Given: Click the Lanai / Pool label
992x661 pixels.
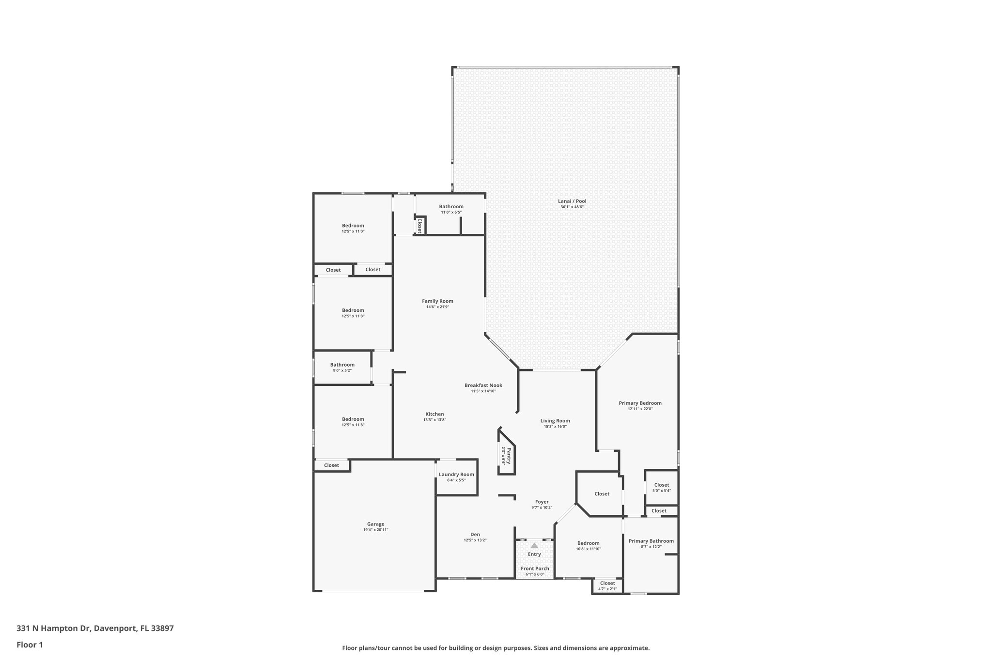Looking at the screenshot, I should point(572,201).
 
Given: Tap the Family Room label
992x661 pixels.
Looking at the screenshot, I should point(437,301).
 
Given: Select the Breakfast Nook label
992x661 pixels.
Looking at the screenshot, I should point(483,385).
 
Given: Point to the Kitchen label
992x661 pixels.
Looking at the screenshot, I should point(434,414).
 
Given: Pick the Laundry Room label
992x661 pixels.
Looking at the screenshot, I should point(456,475).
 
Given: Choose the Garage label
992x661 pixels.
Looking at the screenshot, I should point(375,524).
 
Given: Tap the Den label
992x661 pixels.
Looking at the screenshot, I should point(475,535).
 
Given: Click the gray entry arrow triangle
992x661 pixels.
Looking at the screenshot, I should point(534,545).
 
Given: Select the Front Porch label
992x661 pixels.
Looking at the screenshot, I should point(535,569).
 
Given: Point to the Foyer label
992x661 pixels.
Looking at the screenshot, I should point(542,502).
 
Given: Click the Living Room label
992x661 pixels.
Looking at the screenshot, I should point(555,421).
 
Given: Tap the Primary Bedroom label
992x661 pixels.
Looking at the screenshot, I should point(640,403).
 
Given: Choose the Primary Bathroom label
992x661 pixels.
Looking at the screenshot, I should point(651,541).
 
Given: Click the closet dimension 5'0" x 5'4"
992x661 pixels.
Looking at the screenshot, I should point(662,491).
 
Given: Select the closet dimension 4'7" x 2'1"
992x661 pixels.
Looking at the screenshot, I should point(607,589).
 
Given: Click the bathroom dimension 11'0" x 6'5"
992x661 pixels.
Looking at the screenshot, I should point(451,212).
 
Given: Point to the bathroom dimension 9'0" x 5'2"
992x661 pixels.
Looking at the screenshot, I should point(342,370).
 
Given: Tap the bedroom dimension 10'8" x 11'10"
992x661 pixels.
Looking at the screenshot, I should point(588,549).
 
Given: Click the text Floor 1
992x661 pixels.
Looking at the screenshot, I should point(30,645).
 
